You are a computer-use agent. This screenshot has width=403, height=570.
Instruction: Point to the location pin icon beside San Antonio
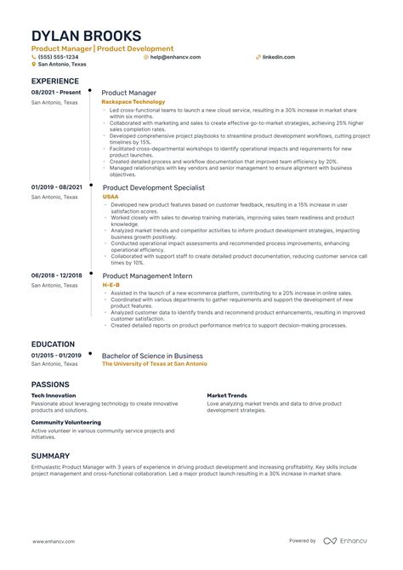[x=33, y=65]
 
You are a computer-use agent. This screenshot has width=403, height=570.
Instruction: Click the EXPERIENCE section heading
[x=60, y=82]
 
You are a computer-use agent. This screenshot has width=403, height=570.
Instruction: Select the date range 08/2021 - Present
[x=56, y=92]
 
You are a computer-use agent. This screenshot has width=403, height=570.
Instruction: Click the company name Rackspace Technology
[x=133, y=101]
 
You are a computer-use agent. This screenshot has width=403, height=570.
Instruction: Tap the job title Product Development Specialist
[x=153, y=187]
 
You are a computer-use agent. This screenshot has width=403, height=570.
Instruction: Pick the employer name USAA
[x=111, y=197]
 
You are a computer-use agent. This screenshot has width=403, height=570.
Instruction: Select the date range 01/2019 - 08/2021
[x=57, y=187]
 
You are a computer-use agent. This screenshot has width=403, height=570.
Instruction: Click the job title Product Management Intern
[x=147, y=276]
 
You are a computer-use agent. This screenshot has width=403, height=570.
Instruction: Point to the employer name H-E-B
[x=111, y=285]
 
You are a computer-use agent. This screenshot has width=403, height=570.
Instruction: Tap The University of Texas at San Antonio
[x=154, y=363]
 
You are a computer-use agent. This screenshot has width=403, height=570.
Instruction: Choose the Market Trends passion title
[x=227, y=396]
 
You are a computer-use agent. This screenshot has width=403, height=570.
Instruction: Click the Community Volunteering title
[x=66, y=422]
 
